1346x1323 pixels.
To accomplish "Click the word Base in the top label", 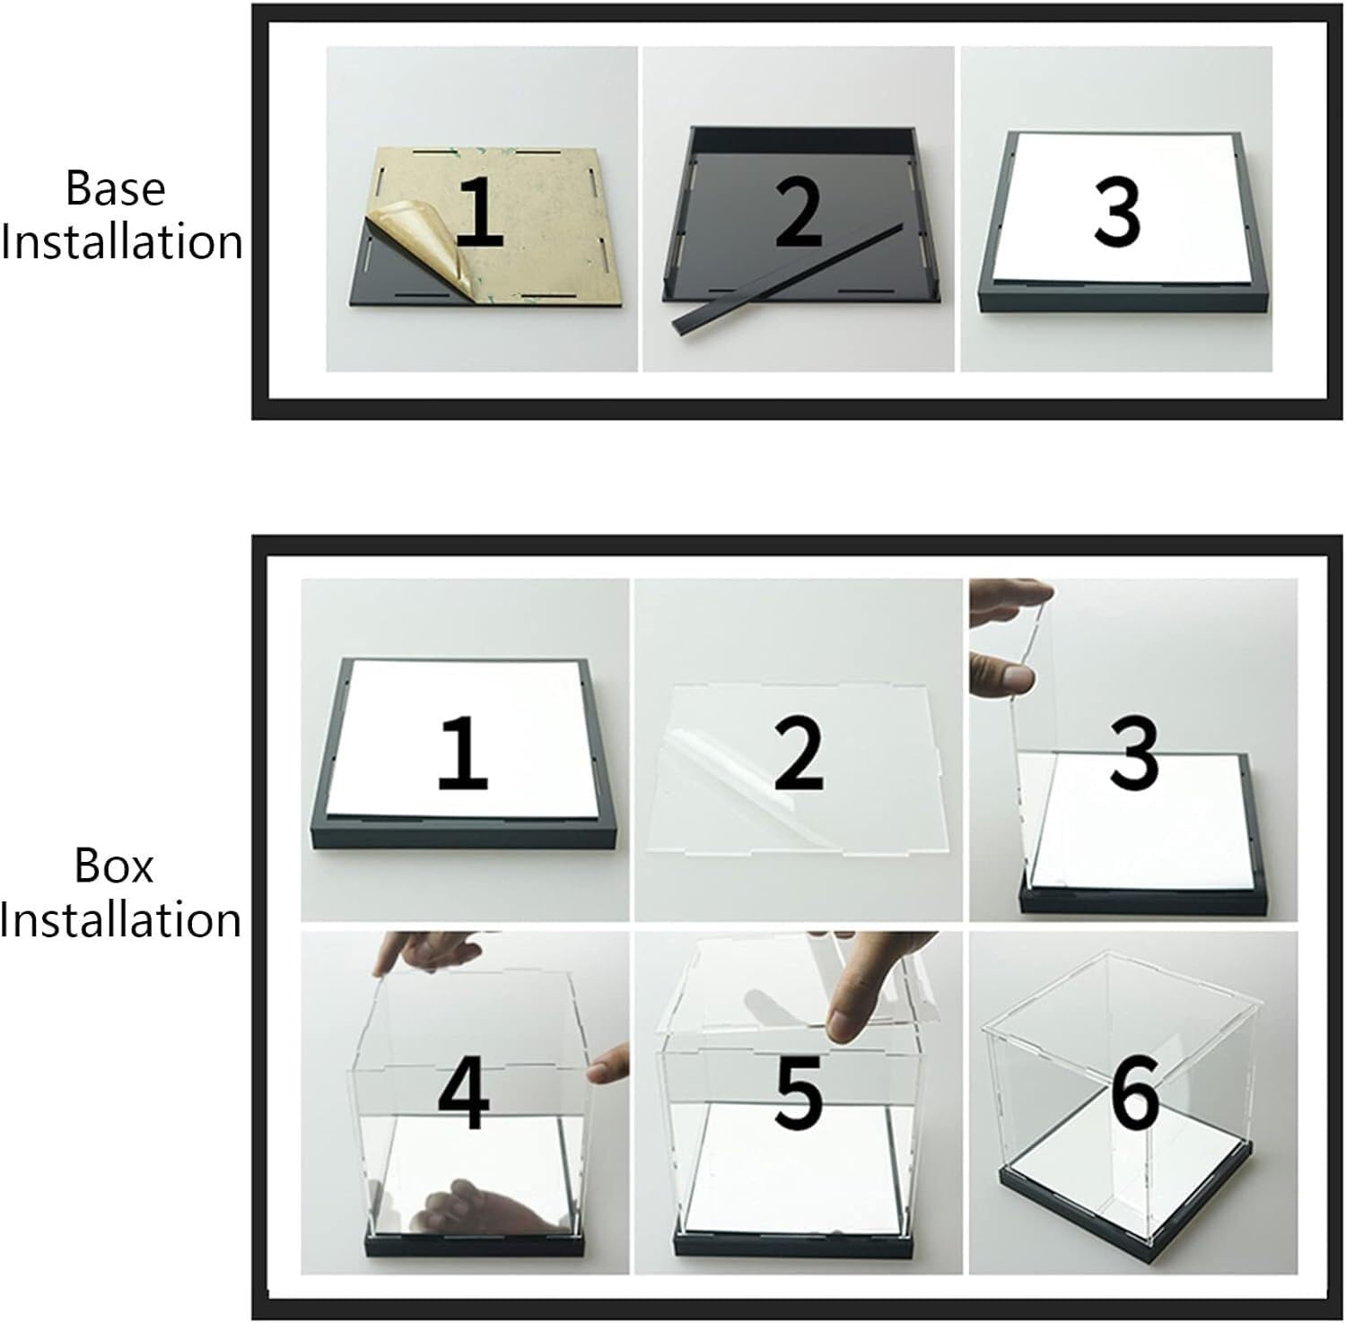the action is (116, 188).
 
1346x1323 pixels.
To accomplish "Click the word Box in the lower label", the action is (114, 866).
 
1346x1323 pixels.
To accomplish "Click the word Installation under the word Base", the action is (121, 242).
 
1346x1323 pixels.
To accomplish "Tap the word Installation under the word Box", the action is (121, 920).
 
